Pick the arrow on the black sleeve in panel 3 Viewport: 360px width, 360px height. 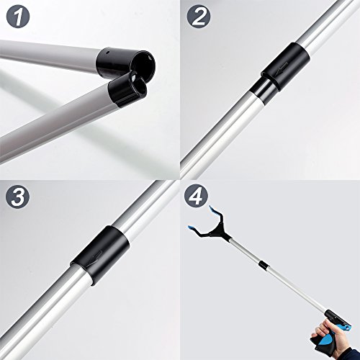coord(99,248)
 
